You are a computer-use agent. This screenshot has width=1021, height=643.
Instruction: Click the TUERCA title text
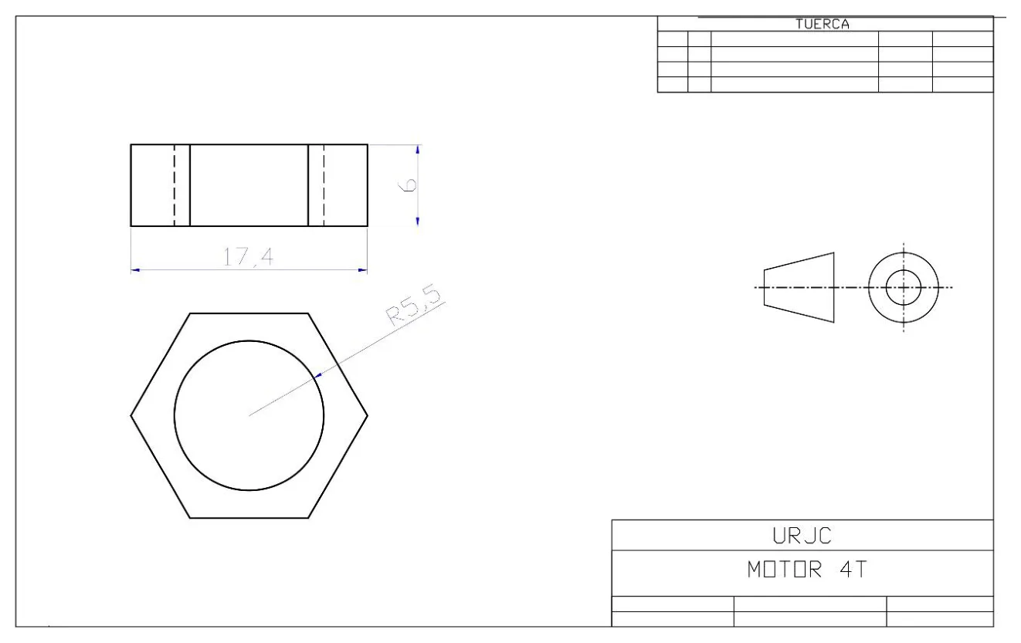(x=823, y=24)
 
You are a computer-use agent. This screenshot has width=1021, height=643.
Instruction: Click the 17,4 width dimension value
(x=248, y=256)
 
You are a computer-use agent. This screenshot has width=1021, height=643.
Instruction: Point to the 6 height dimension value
(x=407, y=184)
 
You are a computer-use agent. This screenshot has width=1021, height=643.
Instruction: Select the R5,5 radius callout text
(x=414, y=305)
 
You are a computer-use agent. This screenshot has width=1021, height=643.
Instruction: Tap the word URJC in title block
(x=802, y=536)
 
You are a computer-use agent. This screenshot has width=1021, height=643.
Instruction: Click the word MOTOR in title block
(x=785, y=570)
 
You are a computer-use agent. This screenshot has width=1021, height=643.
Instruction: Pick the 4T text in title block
(x=853, y=570)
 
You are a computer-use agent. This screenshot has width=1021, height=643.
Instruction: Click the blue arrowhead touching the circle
(x=318, y=375)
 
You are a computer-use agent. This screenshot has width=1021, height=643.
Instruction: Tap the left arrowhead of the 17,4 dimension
(x=135, y=270)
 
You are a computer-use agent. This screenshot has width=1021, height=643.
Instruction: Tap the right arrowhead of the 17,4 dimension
(x=363, y=270)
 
